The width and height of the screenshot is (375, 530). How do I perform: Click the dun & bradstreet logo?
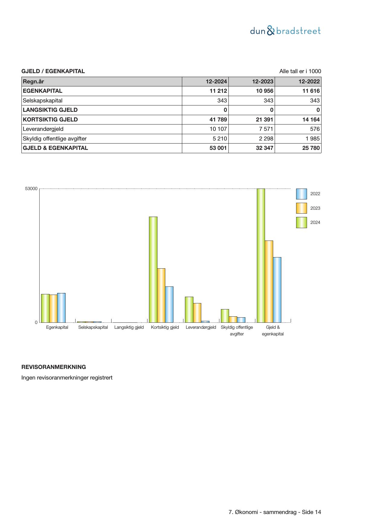click(285, 31)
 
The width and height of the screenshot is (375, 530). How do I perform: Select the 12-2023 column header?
click(263, 82)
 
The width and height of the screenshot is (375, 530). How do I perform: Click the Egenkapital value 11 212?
click(218, 91)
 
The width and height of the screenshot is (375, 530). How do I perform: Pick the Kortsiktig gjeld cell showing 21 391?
click(264, 120)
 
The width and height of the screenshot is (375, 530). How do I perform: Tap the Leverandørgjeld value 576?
click(315, 129)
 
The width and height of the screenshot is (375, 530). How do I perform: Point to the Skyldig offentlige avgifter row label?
click(55, 139)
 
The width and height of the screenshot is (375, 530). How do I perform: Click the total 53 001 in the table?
click(218, 148)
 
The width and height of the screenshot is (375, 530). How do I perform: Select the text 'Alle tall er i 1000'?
click(300, 71)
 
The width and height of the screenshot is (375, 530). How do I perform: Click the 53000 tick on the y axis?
click(31, 189)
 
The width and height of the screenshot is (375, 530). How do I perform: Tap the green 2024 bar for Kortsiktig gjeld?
click(153, 270)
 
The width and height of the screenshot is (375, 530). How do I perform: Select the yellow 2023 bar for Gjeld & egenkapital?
click(269, 281)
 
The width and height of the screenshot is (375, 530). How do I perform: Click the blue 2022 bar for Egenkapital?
click(61, 308)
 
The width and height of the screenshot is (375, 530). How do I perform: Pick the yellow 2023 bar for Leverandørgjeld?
click(197, 313)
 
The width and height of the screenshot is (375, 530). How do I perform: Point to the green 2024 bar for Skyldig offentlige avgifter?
click(225, 316)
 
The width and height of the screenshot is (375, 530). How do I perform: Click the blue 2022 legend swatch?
click(301, 194)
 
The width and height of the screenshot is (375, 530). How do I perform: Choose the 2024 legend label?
click(315, 222)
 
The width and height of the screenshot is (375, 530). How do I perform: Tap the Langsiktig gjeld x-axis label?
click(129, 327)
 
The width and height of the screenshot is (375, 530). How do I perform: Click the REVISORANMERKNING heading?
click(53, 367)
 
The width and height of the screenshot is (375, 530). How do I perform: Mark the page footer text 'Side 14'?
click(312, 512)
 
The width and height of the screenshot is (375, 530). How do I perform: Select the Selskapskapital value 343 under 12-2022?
click(315, 101)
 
